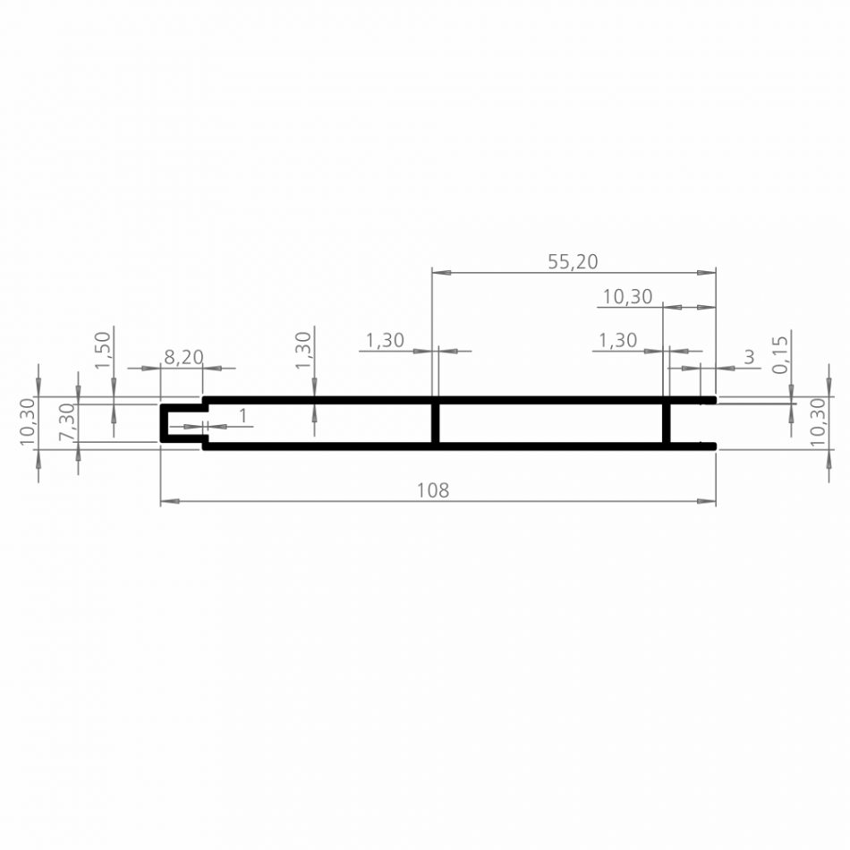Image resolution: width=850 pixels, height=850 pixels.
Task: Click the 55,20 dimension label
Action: click(573, 261)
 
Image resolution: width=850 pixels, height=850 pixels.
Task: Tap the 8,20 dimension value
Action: click(183, 357)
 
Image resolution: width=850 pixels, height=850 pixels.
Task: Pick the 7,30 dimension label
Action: click(66, 421)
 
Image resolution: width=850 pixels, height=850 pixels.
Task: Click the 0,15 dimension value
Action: click(780, 354)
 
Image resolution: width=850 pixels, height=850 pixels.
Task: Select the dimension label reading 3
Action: click(749, 357)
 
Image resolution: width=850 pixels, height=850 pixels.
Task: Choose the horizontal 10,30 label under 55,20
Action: click(627, 297)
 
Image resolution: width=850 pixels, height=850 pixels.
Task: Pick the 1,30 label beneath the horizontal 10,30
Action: click(617, 340)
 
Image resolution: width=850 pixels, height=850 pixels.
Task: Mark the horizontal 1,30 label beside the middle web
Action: click(385, 340)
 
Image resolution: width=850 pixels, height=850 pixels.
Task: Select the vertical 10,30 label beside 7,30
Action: click(27, 421)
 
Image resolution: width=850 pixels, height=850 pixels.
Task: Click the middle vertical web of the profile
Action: click(436, 423)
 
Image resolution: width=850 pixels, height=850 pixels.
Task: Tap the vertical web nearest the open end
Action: click(667, 423)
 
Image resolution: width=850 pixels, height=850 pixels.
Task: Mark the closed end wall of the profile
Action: click(163, 423)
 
